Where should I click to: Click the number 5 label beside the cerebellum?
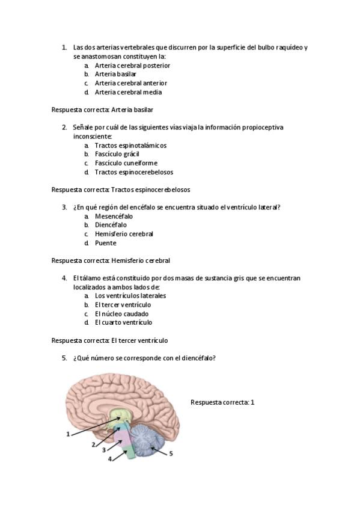coord(171,454)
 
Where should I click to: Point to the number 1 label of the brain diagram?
coord(68,434)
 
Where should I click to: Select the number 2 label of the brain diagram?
coord(93,444)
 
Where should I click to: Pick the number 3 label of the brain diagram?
coord(103,450)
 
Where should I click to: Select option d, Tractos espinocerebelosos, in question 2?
coord(133,172)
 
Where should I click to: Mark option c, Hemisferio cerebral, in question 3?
coord(124,234)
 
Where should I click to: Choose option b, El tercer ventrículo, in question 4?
coord(123,305)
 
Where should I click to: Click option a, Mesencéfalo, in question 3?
coord(114,216)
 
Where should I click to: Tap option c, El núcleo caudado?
coord(121,314)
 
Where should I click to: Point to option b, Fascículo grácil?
coord(117,154)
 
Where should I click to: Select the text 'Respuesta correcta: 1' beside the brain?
coord(222,402)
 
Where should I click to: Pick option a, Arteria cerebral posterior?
coord(132,65)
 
